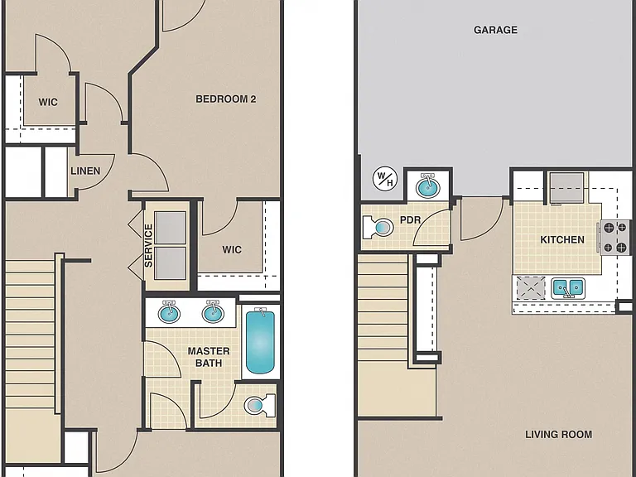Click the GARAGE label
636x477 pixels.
click(x=495, y=30)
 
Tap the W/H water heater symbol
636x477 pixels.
click(x=385, y=179)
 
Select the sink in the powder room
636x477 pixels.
click(x=428, y=187)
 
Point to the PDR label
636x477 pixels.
click(x=411, y=219)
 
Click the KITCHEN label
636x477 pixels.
click(x=562, y=239)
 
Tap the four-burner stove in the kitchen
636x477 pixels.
click(x=614, y=238)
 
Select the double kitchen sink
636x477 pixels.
click(x=568, y=288)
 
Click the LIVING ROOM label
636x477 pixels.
click(x=558, y=435)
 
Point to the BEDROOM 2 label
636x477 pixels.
click(x=226, y=99)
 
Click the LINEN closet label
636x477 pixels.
click(x=85, y=171)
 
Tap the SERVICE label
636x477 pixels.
click(x=148, y=246)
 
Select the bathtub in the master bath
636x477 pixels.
click(x=260, y=340)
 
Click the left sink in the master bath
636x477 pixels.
click(x=169, y=312)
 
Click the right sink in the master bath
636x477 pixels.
click(x=213, y=312)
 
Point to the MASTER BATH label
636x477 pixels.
click(x=209, y=357)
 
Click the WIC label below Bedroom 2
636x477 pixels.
click(x=232, y=249)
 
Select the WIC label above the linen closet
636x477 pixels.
click(x=48, y=102)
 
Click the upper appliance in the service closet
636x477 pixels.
click(x=170, y=228)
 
